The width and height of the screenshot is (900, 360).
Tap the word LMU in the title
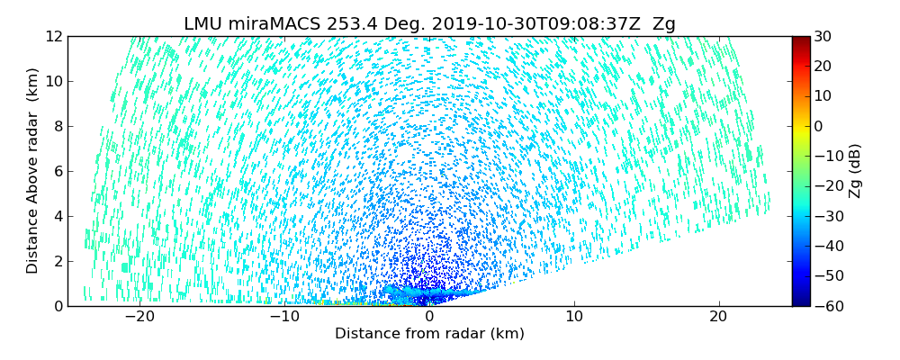202,24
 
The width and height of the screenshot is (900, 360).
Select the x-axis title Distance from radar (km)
429,334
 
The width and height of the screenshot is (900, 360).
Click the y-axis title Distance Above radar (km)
33,171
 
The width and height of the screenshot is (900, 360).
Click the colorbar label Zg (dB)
854,171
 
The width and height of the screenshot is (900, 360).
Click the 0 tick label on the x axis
429,317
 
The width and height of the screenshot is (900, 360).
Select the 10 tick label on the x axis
574,317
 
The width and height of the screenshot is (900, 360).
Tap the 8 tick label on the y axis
57,127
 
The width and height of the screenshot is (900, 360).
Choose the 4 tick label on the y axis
57,217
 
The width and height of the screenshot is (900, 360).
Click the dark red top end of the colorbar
800,40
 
